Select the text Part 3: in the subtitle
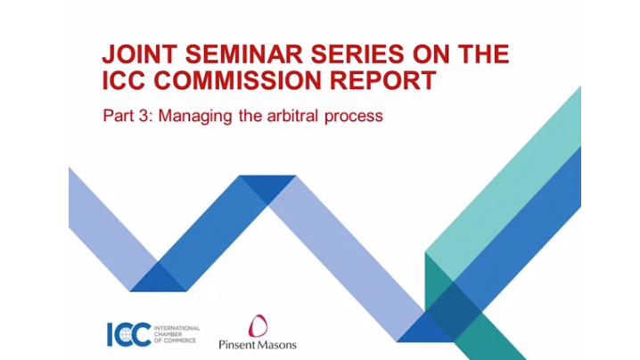[127, 116]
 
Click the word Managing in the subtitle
[189, 117]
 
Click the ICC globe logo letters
[127, 332]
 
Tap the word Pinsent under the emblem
[238, 345]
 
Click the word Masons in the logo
[278, 345]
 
